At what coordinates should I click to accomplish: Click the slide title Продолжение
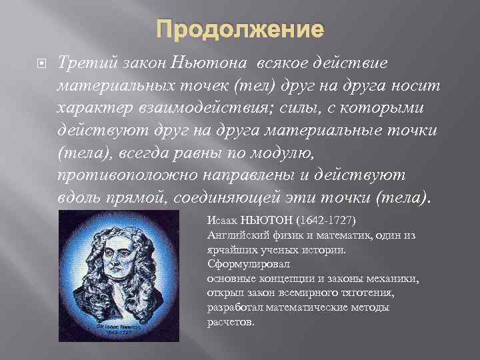pyautogui.click(x=240, y=30)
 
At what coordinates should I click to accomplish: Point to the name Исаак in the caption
pyautogui.click(x=221, y=219)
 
